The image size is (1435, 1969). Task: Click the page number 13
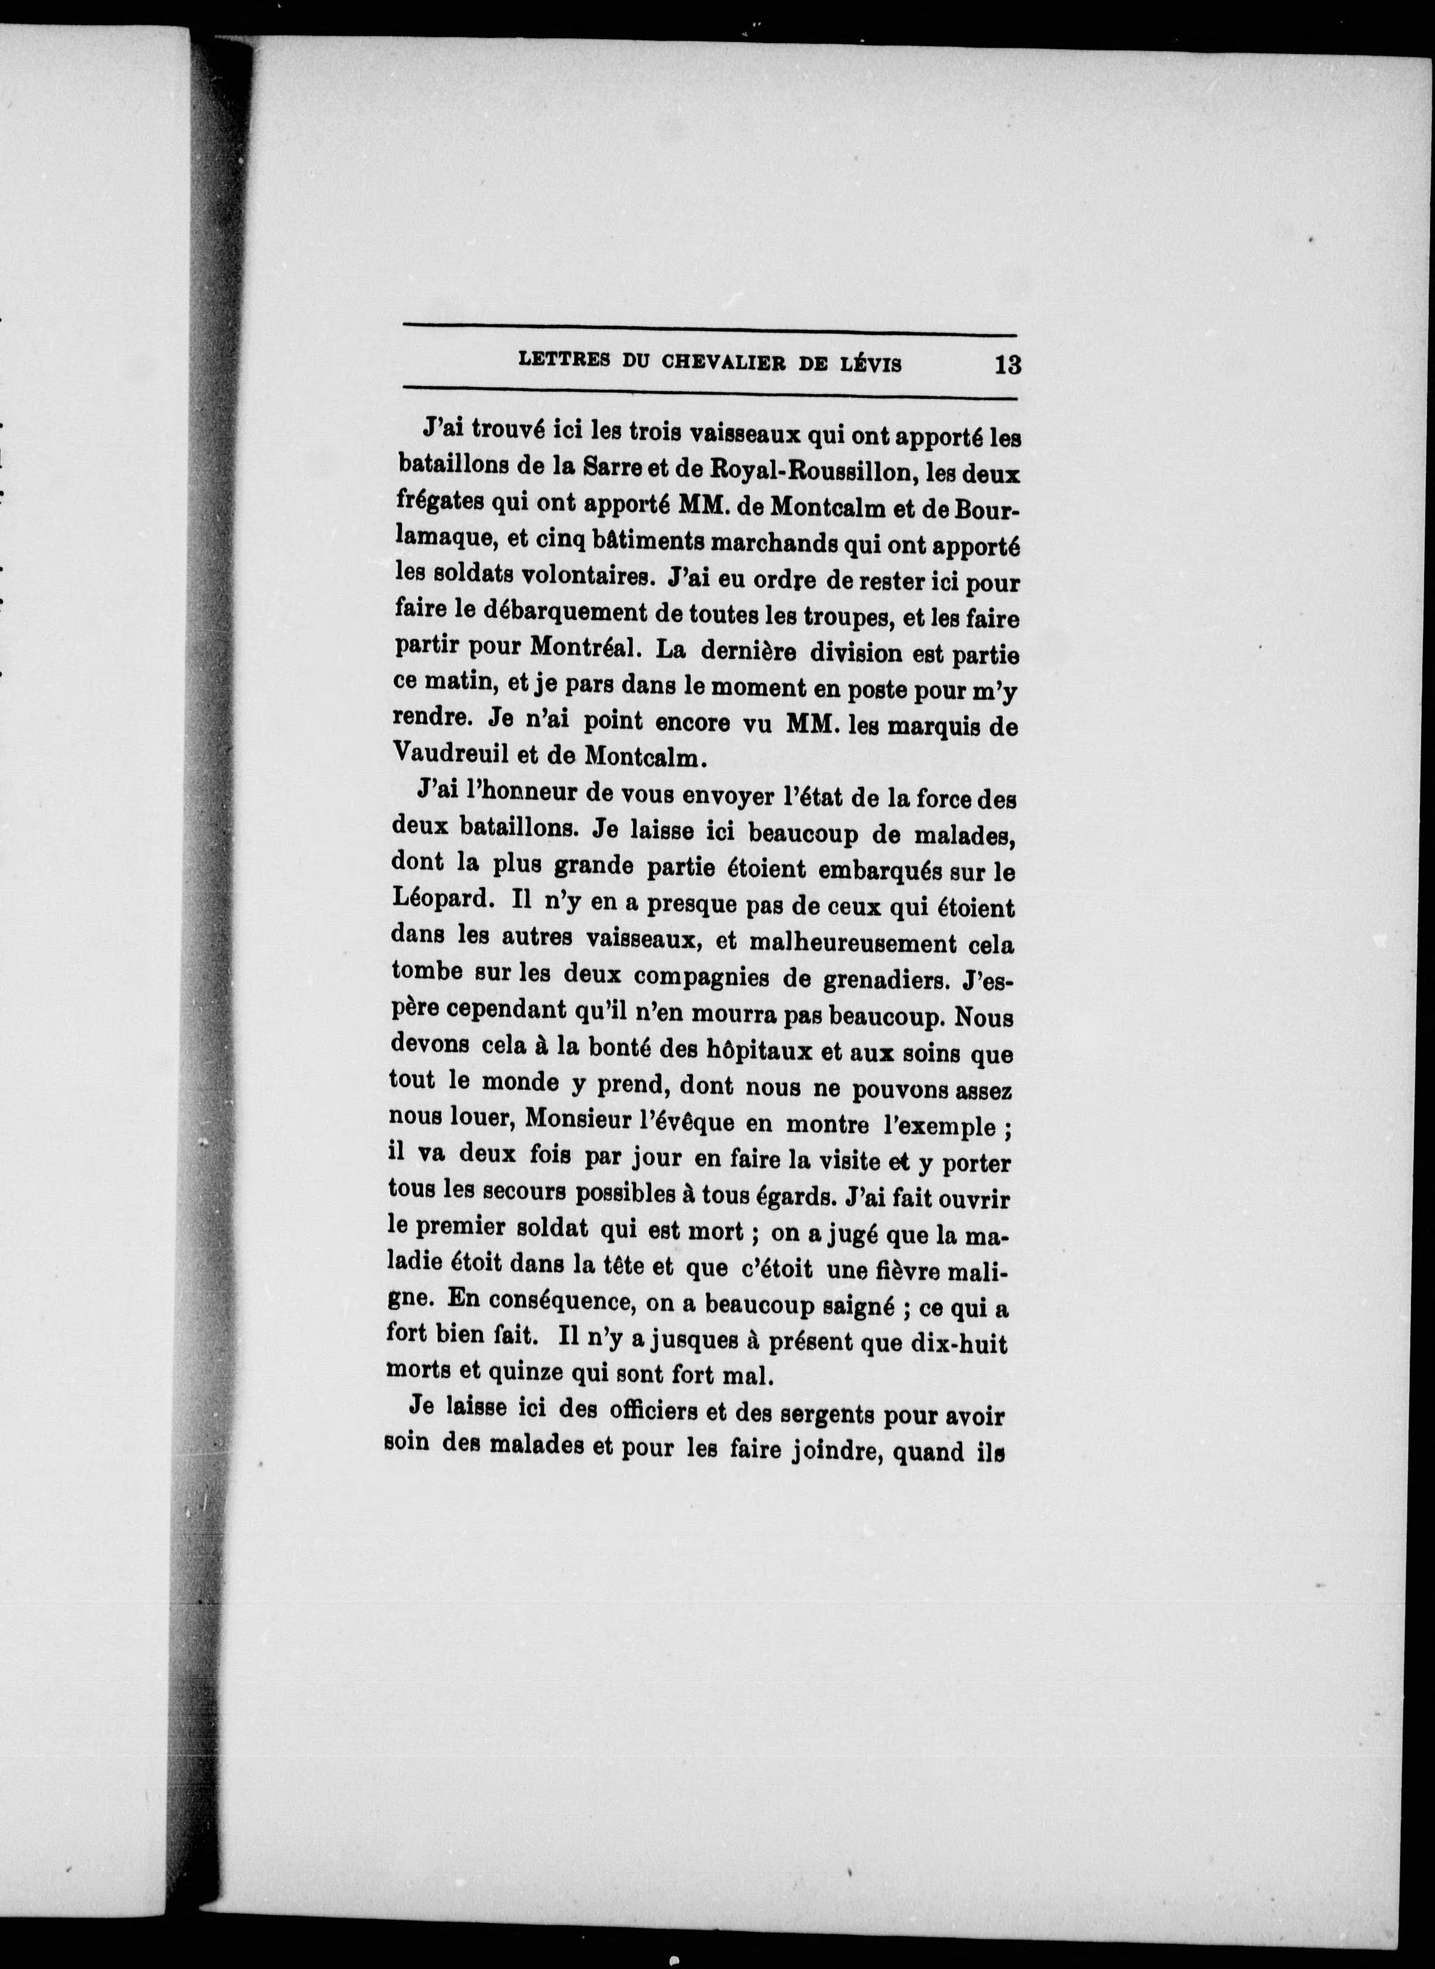tap(1007, 364)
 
